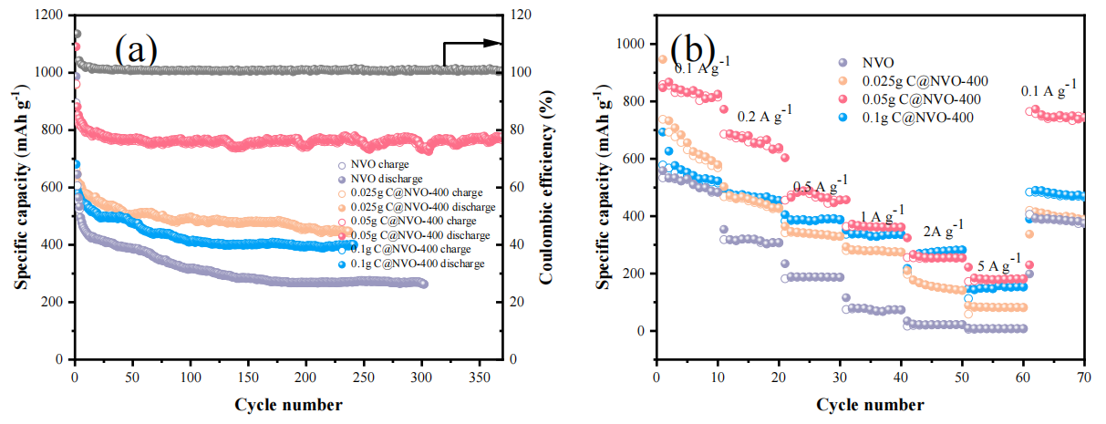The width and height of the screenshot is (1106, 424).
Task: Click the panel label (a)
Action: [x=137, y=47]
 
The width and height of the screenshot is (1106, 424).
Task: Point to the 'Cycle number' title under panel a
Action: [x=288, y=404]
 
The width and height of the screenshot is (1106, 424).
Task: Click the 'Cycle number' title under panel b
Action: [x=870, y=404]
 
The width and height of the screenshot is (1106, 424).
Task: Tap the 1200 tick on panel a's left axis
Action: [x=48, y=16]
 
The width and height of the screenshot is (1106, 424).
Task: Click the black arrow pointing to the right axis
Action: [x=472, y=44]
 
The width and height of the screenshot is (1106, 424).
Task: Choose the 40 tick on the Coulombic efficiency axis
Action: [x=517, y=244]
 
